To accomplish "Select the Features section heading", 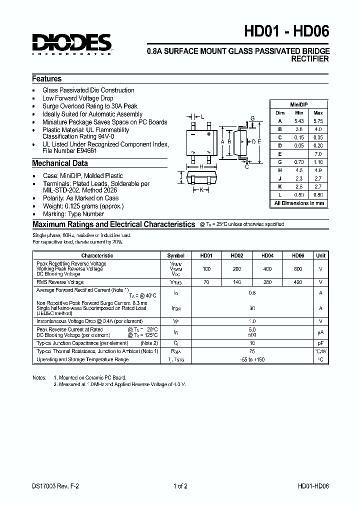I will click(x=47, y=79).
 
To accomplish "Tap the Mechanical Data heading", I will click(x=60, y=163).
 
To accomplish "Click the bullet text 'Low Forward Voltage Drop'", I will click(x=77, y=98).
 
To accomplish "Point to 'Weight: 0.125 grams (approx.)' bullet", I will click(x=82, y=206).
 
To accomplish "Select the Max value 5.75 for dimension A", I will click(x=318, y=121).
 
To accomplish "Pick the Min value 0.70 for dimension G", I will click(x=299, y=162).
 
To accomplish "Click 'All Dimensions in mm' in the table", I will click(x=299, y=203).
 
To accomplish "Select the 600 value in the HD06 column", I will click(x=298, y=269).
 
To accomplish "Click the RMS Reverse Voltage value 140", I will click(x=237, y=282).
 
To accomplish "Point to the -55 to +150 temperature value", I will click(x=252, y=359).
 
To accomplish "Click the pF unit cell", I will click(x=320, y=343).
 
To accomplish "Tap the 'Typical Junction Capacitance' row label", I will click(x=82, y=343).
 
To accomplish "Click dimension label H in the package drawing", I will click(x=201, y=166).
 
